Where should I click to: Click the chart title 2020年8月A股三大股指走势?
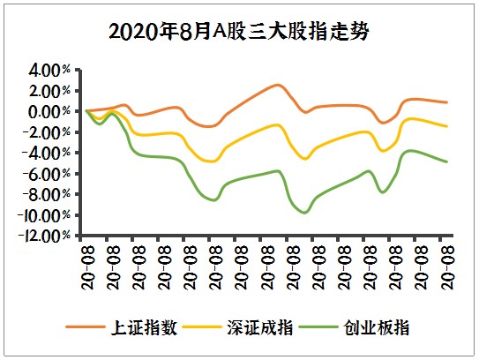pos(239,32)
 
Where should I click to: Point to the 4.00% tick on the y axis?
pos(49,70)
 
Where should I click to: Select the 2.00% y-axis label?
pos(49,91)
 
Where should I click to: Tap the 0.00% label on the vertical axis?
pos(49,111)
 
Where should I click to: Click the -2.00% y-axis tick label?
pos(48,132)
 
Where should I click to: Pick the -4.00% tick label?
pos(48,153)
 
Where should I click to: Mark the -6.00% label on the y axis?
pos(48,174)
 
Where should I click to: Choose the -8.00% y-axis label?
pos(48,194)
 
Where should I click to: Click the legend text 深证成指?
pos(266,327)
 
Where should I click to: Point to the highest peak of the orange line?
pos(277,85)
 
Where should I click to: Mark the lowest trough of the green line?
pos(305,213)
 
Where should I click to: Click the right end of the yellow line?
pos(447,126)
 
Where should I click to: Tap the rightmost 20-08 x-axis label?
pos(446,262)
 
